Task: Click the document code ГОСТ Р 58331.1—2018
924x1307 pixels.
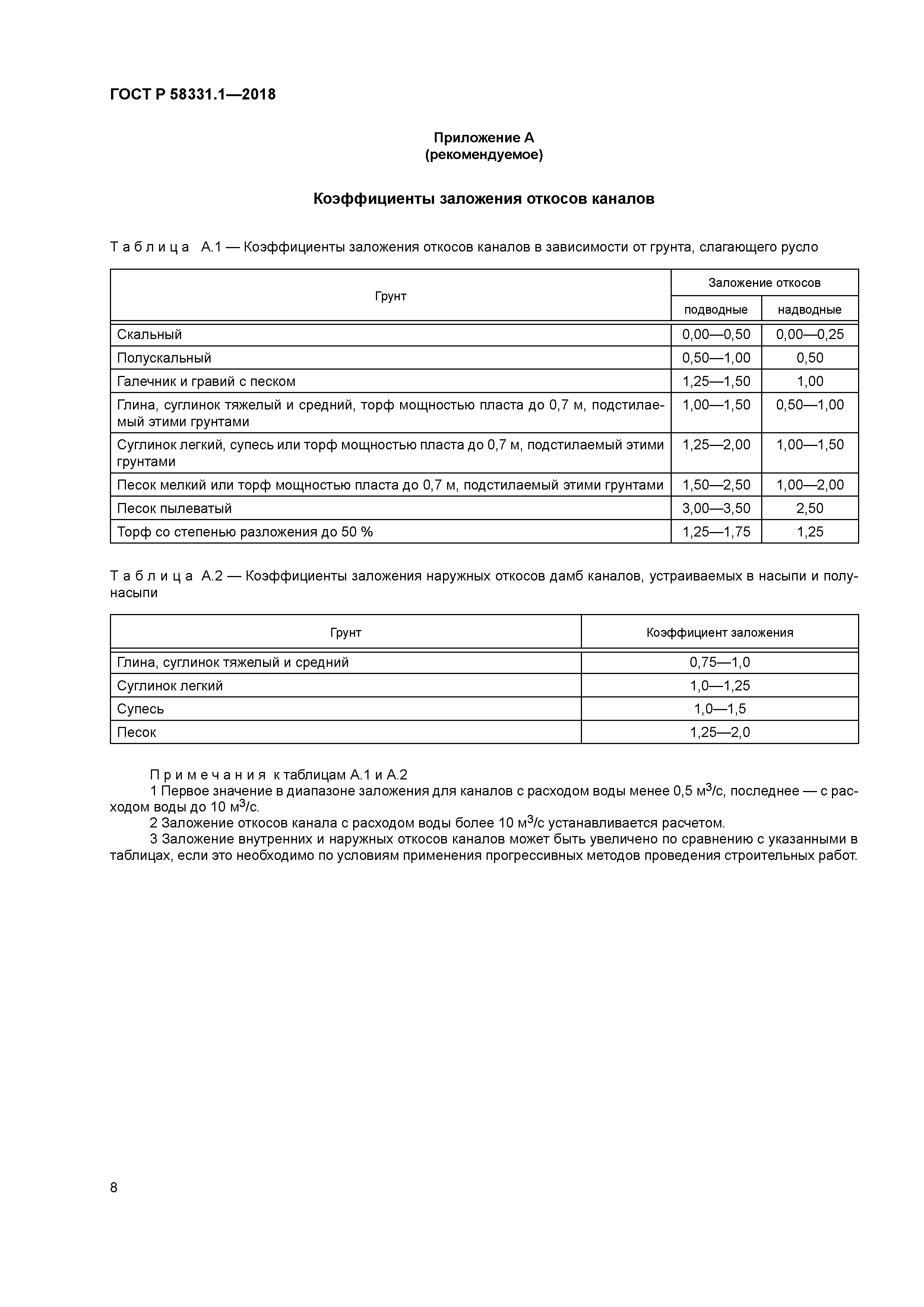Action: [192, 95]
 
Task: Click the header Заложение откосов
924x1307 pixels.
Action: [764, 283]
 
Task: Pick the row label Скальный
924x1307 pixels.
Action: [149, 335]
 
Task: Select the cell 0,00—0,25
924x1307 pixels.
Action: [810, 335]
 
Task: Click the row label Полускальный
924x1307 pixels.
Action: [164, 358]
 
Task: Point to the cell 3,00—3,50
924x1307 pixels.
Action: [716, 508]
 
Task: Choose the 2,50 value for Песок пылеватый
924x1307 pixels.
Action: [810, 508]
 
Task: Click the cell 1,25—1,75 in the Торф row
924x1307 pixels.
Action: [716, 532]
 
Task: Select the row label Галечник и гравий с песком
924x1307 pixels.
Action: [206, 382]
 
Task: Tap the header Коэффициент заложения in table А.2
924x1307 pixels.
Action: [719, 632]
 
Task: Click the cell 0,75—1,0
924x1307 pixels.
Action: [719, 662]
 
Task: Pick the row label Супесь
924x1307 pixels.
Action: [140, 709]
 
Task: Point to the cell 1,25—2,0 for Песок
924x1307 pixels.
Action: [719, 732]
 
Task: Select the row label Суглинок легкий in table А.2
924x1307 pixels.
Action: [170, 686]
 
